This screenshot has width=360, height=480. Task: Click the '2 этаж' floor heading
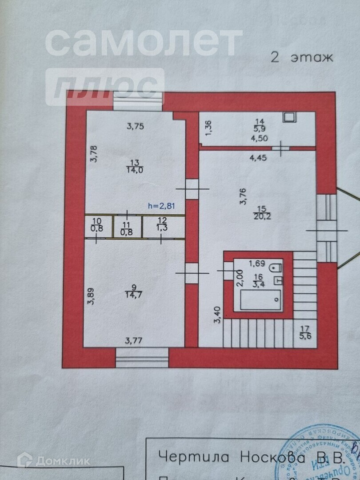[301, 58]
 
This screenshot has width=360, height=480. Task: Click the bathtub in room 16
[260, 300]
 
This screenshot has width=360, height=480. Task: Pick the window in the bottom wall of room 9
[142, 357]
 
